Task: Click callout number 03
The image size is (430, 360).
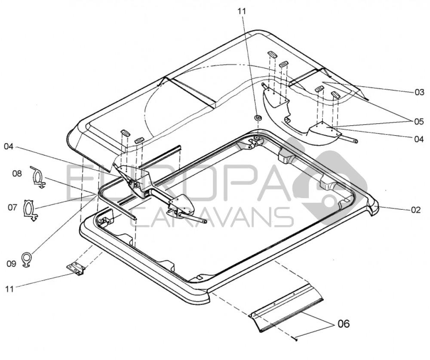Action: tap(419, 92)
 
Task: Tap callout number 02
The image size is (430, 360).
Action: tap(415, 211)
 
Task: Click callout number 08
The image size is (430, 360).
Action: tap(17, 174)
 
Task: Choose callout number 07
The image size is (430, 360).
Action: tap(12, 207)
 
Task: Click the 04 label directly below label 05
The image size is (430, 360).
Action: tap(419, 139)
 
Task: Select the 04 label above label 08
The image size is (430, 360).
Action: tap(9, 147)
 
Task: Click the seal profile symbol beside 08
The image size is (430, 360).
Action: tap(38, 177)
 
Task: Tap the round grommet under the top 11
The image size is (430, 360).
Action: tap(258, 118)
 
